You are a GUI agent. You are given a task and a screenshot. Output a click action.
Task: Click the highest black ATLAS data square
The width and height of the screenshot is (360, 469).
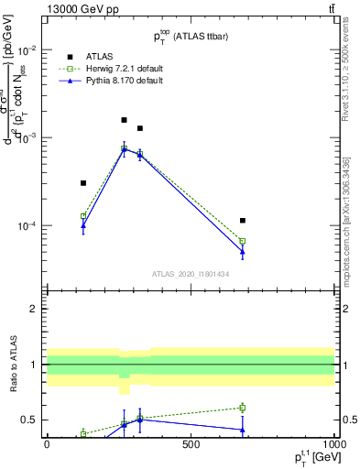(125, 120)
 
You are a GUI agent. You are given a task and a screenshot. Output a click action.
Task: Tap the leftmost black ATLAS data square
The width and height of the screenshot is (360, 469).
(83, 183)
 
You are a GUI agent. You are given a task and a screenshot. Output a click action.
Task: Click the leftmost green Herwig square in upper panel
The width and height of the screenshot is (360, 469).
(83, 216)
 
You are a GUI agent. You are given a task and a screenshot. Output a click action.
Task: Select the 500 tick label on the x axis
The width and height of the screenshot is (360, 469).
(191, 446)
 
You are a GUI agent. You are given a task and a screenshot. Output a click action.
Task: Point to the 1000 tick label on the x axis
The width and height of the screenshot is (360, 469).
(333, 446)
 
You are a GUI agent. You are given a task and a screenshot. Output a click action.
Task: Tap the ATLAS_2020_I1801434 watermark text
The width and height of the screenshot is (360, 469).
(190, 274)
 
